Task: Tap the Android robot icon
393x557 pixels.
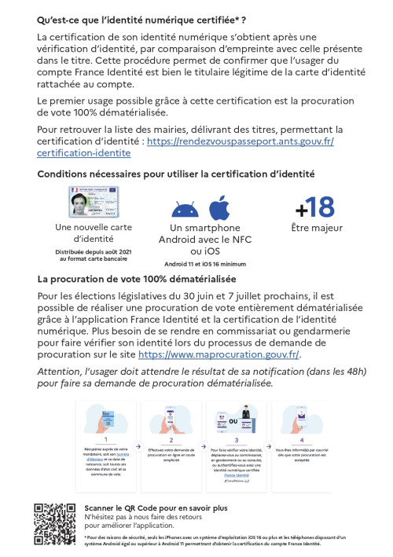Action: (184, 210)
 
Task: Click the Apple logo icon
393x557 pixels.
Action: (219, 208)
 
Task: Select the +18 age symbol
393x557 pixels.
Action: (314, 208)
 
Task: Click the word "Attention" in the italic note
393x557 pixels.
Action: (61, 371)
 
